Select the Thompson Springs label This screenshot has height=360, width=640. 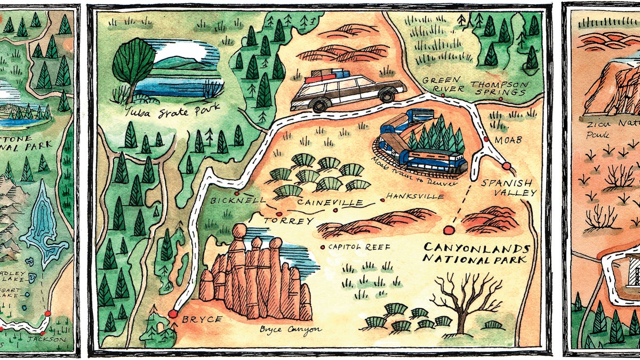coord(499,88)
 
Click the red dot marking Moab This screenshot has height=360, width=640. coord(486,140)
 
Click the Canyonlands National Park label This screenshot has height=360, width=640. coord(476,254)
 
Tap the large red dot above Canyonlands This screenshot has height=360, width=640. coord(447,230)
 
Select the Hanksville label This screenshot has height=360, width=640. coord(416,196)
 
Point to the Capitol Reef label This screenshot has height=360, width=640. coord(359,247)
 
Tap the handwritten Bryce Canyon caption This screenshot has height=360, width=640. coord(290,329)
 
